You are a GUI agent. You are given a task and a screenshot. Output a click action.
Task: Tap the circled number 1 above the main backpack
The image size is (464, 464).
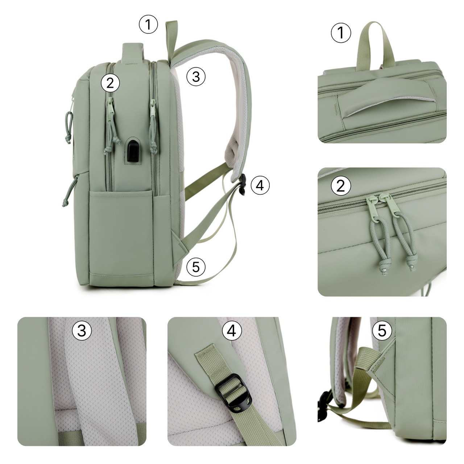(148, 24)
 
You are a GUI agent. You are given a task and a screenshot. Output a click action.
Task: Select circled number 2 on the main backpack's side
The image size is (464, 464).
(110, 83)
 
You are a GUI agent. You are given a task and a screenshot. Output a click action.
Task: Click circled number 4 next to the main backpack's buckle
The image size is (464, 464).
(260, 185)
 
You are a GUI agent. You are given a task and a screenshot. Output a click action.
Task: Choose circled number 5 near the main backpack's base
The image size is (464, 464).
(196, 267)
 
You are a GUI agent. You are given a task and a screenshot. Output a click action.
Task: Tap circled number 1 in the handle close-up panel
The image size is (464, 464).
(341, 33)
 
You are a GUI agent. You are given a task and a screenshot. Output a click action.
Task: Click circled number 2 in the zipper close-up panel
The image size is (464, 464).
(341, 186)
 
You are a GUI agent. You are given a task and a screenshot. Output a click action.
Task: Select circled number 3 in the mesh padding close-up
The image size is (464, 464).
(82, 330)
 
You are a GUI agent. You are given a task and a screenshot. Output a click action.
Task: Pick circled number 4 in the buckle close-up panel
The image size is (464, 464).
(232, 330)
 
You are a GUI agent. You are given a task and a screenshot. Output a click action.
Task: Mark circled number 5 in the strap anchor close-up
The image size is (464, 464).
(382, 330)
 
